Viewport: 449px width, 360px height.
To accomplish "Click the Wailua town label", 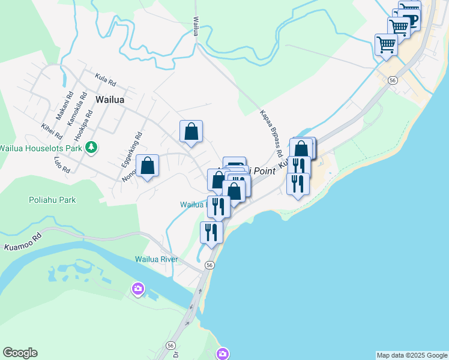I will [110, 100].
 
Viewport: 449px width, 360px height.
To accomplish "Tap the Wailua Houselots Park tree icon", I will [91, 147].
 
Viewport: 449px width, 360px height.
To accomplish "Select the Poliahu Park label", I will [52, 200].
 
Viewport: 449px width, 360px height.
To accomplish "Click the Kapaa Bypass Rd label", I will [271, 134].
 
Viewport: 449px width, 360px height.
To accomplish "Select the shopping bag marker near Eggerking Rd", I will [147, 166].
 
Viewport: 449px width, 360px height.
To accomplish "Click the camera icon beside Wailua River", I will [138, 290].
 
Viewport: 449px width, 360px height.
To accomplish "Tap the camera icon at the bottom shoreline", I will [223, 354].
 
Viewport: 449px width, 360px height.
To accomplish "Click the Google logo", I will [20, 353].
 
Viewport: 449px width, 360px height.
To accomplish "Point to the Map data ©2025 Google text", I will [412, 355].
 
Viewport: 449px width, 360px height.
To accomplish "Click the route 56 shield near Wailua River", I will [209, 265].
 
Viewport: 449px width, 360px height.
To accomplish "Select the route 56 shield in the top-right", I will [393, 80].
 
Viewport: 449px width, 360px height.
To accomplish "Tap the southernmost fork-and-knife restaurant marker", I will [211, 232].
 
